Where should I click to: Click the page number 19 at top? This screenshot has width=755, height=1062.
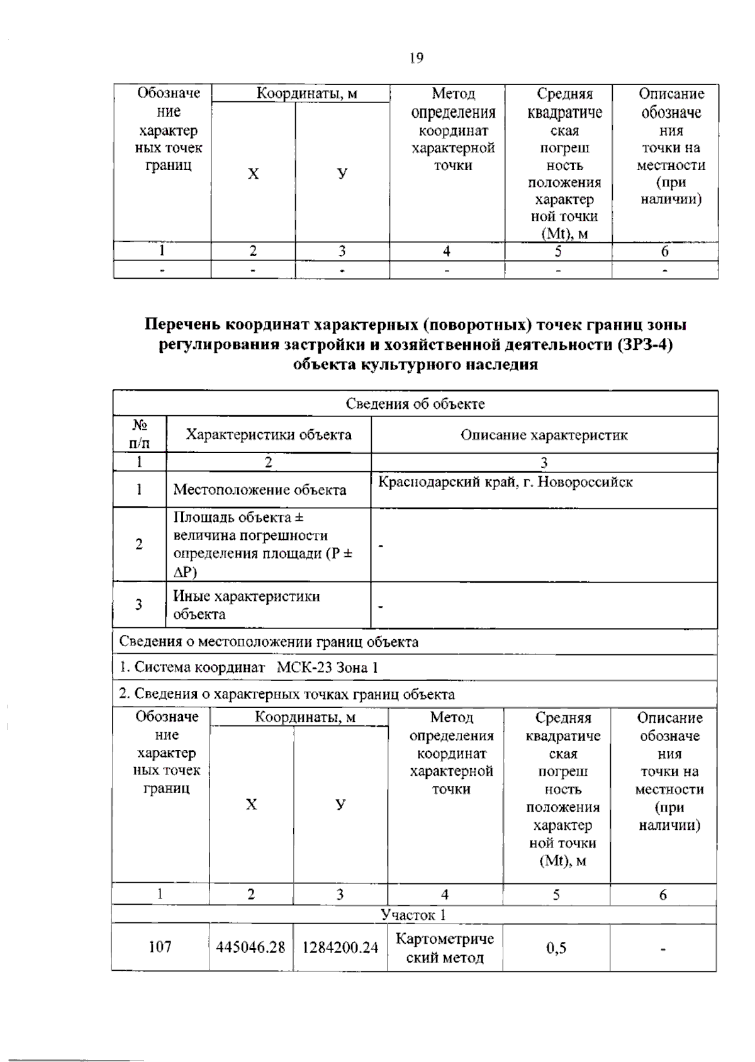coord(416,58)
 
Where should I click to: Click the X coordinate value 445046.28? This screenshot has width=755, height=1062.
coord(250,947)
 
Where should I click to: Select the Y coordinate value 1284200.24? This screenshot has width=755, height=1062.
coord(340,947)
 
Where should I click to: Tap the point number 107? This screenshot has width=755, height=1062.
coord(160,946)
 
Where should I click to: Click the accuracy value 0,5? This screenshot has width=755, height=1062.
coord(556,947)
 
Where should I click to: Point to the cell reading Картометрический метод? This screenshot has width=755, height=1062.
coord(444,947)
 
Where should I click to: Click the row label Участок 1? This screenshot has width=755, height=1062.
coord(413,914)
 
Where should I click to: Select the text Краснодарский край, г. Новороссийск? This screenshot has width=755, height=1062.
coord(505,483)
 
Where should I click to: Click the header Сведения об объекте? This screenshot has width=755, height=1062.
coord(415,403)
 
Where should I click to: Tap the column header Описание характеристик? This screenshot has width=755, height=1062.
coord(544,435)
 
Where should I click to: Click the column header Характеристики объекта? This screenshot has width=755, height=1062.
coord(269,434)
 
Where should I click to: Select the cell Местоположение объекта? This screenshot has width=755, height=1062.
coord(259,489)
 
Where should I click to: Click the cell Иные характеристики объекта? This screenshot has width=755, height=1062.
coord(247,605)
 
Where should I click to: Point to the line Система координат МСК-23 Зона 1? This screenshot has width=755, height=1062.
coord(249,668)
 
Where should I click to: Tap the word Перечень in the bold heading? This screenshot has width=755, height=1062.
coord(182,325)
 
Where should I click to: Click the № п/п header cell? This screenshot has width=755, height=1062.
coord(140,434)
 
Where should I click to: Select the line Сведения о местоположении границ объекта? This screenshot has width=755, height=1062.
coord(269,642)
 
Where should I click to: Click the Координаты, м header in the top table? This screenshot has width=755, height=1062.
coord(306,94)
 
